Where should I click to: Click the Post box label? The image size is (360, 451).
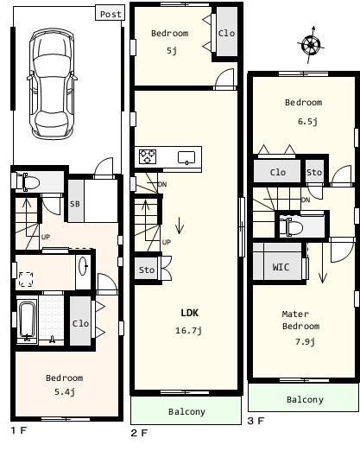pos(111,14)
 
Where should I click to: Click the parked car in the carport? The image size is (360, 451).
pos(52,84)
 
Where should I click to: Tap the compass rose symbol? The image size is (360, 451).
pos(311,45)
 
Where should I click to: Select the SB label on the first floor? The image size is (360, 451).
pos(75,204)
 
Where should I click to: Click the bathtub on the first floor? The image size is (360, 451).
pos(27,321)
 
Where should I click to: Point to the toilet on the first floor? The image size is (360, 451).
pos(28,181)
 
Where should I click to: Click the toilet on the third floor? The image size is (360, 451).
pos(291,227)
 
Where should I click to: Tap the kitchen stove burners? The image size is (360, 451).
pos(148,156)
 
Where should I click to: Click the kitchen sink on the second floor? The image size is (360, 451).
pos(186,158)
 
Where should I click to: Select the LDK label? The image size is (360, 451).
pos(189,313)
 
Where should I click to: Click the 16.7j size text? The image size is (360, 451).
pos(188,330)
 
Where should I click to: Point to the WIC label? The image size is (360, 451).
pos(281,267)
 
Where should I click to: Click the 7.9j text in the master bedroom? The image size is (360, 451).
pos(305,342)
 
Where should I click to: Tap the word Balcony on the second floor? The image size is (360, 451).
pos(186,412)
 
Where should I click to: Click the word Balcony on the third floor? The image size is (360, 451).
pos(305,400)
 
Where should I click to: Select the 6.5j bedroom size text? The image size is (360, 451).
pos(307,122)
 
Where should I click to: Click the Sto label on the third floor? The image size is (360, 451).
pos(314,173)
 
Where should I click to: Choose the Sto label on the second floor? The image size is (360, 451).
pos(147,270)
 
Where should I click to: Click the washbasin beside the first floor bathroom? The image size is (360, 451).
pos(84,266)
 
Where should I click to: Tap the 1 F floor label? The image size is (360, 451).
pos(19,431)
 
